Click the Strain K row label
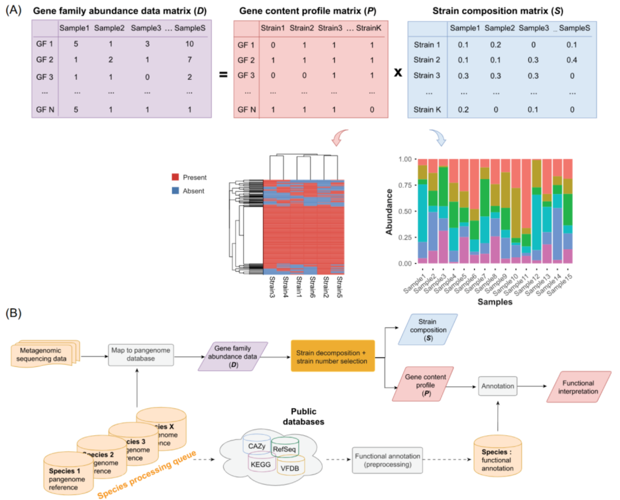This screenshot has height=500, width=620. [x=427, y=109]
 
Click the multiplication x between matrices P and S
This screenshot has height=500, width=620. [x=397, y=74]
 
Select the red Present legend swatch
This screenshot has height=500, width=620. [x=176, y=177]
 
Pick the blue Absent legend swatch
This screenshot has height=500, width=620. [x=176, y=191]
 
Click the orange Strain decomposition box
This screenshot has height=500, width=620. [x=333, y=356]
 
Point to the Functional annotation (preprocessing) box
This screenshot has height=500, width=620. [x=387, y=460]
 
